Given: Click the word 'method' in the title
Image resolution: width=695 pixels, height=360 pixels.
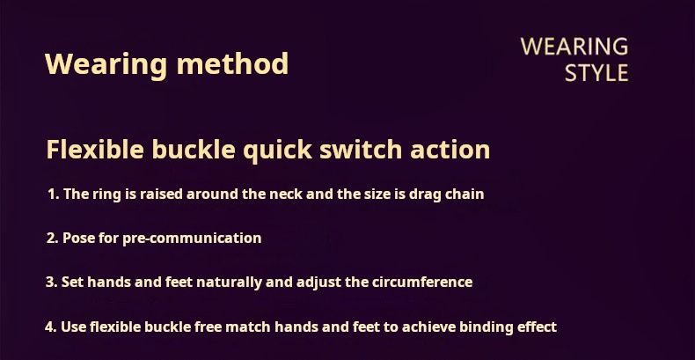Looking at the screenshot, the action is [x=233, y=63].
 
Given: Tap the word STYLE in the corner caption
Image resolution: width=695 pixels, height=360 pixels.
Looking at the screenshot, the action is [x=596, y=73].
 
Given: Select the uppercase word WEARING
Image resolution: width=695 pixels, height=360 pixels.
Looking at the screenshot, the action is [x=574, y=47].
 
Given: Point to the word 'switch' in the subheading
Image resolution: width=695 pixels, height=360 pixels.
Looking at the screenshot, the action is [x=362, y=150].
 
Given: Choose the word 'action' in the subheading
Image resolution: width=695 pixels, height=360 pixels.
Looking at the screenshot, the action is [x=450, y=150].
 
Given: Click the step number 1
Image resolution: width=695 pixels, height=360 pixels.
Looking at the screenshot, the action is [x=53, y=195].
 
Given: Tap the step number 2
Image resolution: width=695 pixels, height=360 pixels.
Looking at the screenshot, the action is [x=52, y=238].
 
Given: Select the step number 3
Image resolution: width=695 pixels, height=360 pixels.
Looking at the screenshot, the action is [x=51, y=283].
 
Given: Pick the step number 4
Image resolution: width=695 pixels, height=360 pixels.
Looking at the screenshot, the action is [x=50, y=327].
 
